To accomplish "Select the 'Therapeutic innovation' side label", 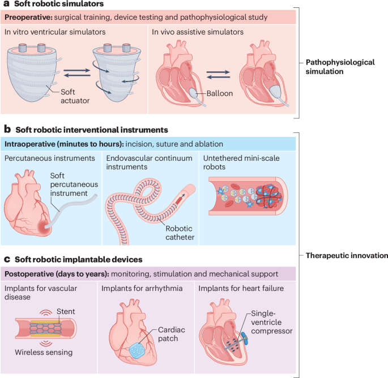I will (344, 255).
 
